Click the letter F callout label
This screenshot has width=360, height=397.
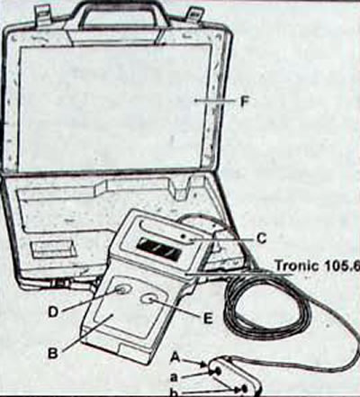pos(245,102)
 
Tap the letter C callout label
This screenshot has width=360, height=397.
pos(261,239)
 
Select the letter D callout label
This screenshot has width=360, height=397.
pos(53,312)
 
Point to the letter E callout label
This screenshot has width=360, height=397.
pos(208,319)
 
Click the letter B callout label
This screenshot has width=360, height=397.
pos(53,354)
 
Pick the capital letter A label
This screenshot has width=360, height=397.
pos(175,357)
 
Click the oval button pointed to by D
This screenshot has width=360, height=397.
pos(122,291)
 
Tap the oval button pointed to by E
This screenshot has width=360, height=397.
pos(149,299)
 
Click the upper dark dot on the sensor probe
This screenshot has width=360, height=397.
pos(218,372)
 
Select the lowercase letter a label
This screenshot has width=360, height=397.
pos(175,375)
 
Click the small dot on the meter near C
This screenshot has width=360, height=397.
pos(182,237)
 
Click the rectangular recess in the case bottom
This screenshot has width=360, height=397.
pos(51,248)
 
